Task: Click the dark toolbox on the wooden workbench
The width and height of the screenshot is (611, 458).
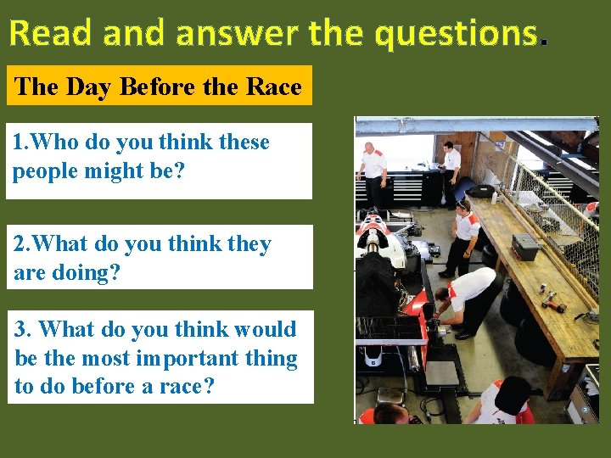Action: [525, 247]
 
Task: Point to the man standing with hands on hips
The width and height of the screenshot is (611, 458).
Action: [464, 233]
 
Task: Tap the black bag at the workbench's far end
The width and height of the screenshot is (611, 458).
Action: [483, 190]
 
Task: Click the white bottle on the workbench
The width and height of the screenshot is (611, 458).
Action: [494, 198]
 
